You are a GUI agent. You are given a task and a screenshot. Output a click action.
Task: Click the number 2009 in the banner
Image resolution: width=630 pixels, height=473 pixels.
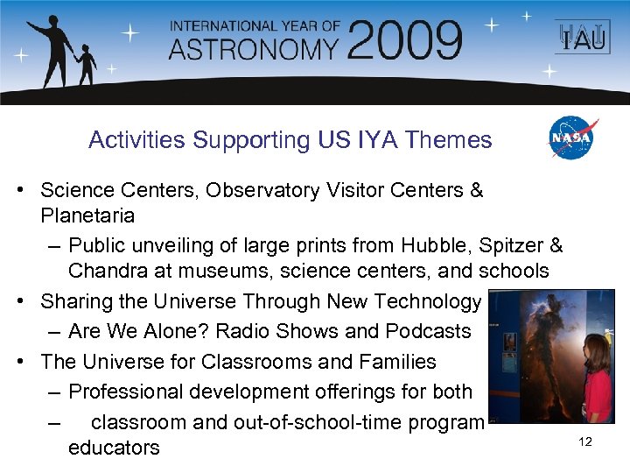(409, 40)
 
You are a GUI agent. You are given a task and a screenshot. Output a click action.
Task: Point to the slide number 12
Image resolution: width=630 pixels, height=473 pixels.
(585, 442)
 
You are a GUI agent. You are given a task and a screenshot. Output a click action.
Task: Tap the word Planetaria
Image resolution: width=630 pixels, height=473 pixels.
(87, 215)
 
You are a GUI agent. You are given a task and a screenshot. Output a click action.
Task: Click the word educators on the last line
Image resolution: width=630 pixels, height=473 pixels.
(114, 448)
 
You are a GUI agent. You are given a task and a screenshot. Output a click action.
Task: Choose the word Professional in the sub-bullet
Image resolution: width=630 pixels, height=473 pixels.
(126, 392)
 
